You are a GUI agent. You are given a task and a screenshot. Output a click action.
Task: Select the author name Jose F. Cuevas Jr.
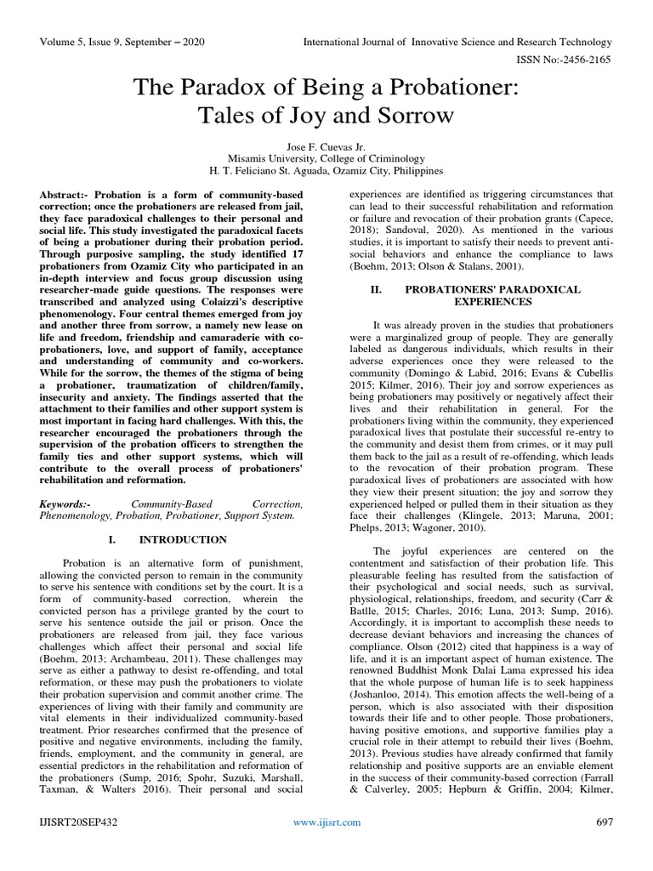[326, 146]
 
